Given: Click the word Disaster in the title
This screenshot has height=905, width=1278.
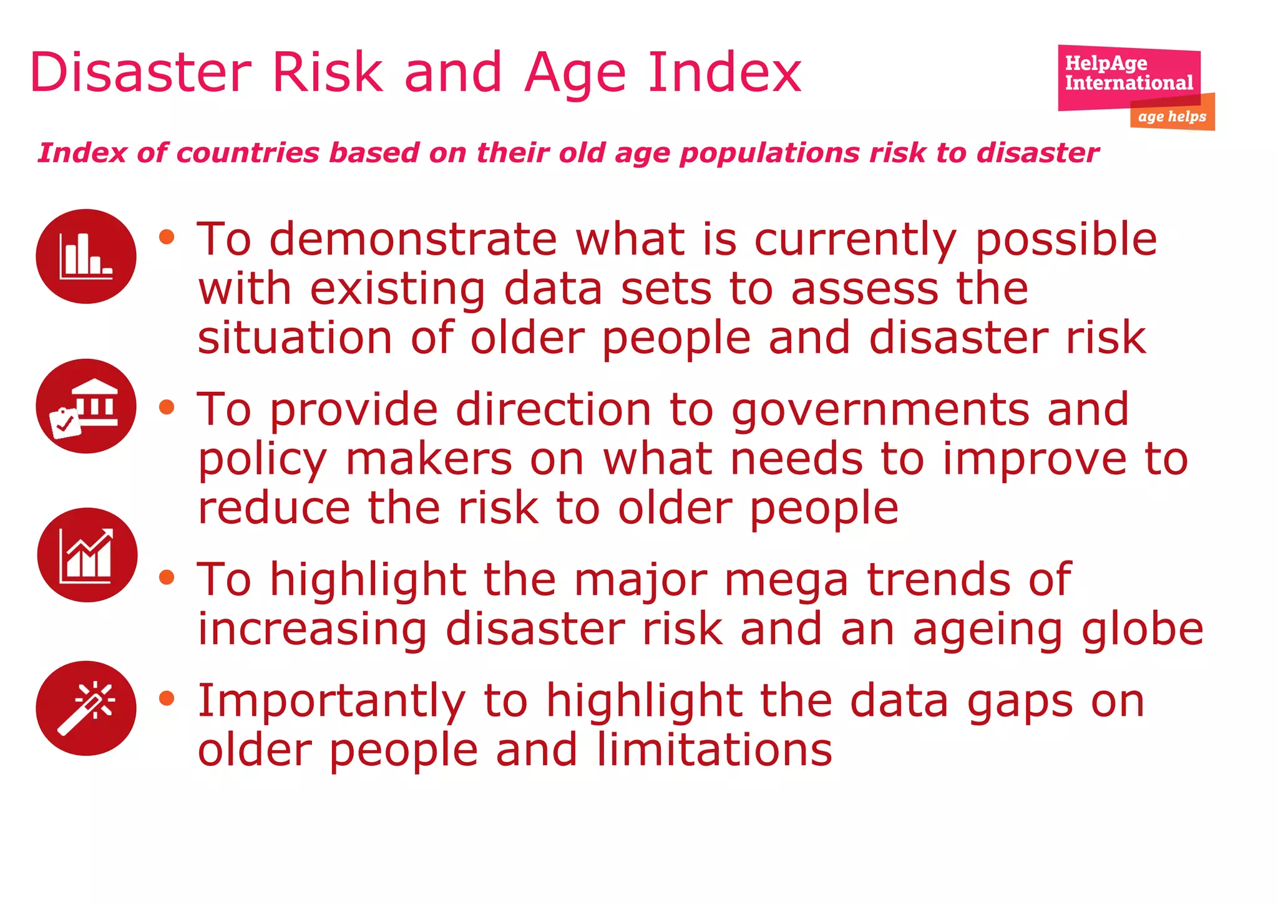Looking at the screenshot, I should [140, 73].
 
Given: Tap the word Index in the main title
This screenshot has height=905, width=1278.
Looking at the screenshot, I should [724, 73].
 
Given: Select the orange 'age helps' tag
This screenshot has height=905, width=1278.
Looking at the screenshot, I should [1172, 117].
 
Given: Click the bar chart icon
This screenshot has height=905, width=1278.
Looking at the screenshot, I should [86, 257].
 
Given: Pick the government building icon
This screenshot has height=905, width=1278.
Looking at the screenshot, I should [86, 406].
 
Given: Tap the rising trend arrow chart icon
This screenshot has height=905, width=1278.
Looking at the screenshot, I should [87, 555].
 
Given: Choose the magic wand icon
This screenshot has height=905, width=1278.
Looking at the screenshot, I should [86, 708].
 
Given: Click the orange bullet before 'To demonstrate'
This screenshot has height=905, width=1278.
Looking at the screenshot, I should [167, 237].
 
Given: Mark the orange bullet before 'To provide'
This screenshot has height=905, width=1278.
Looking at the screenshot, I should [167, 408].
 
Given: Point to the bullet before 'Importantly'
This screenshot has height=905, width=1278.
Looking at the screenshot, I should [167, 698].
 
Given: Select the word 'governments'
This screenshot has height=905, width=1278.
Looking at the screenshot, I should [880, 411].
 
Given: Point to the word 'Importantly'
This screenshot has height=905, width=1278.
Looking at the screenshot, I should [331, 702].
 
